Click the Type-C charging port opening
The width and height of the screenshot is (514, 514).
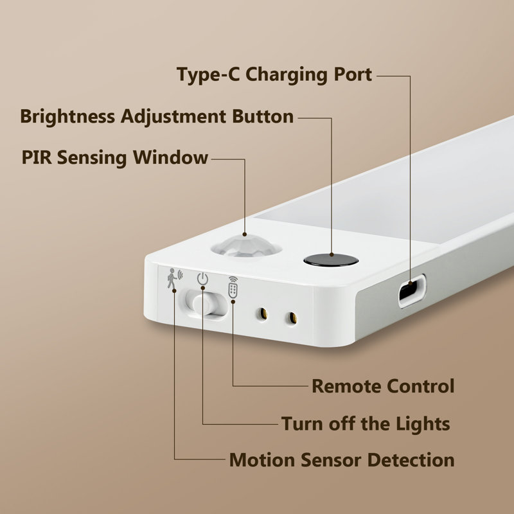(x=412, y=291)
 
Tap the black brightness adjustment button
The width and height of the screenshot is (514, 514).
(x=331, y=260)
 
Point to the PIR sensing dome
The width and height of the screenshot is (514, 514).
(x=246, y=246)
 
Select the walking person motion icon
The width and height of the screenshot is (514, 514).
(x=173, y=279)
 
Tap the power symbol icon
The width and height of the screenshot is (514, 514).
(x=202, y=279)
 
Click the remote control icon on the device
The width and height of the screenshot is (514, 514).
(x=233, y=287)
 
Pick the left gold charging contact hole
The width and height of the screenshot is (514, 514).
(x=263, y=314)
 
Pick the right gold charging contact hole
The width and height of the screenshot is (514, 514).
(x=293, y=317)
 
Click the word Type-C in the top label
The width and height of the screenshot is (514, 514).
(x=208, y=75)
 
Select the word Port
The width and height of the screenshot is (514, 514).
(x=353, y=75)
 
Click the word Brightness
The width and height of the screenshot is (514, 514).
(x=67, y=117)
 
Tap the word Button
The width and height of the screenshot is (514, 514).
(x=263, y=116)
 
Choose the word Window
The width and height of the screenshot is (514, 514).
(x=170, y=157)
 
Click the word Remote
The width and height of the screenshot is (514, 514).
(x=346, y=386)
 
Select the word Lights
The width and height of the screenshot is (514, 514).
(x=423, y=424)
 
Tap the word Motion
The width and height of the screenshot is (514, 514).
(x=262, y=460)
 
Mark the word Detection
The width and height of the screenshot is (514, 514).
(x=411, y=460)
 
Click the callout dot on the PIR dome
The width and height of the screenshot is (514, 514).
(x=245, y=234)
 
